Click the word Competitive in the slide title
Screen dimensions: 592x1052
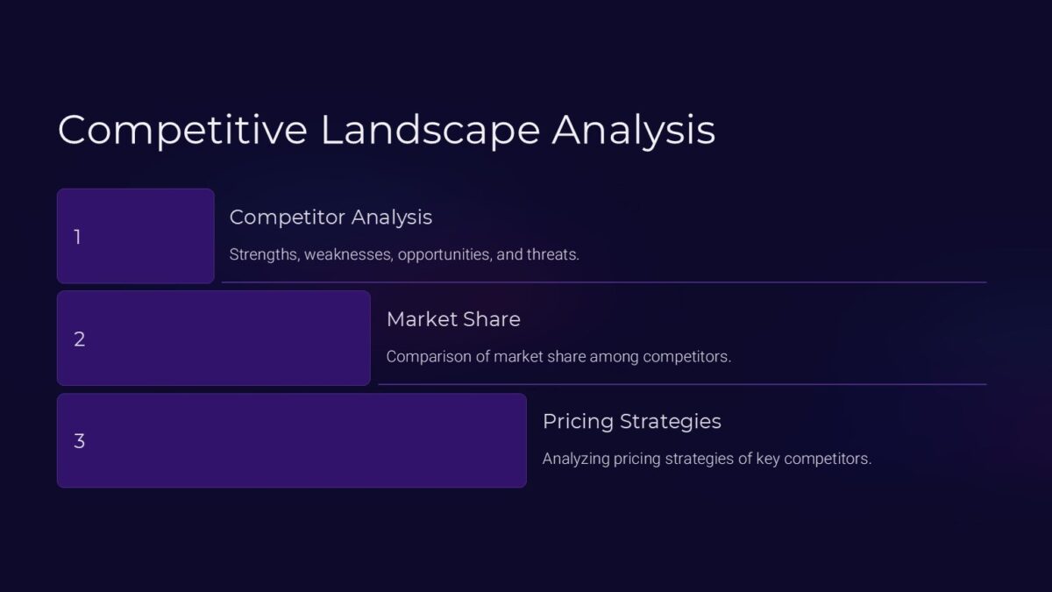point(182,130)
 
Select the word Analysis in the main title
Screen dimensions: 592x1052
point(633,130)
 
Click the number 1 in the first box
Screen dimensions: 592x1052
point(78,237)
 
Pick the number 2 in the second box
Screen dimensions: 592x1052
point(79,339)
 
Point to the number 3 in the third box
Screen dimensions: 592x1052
point(79,441)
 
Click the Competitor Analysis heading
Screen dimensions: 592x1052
point(331,217)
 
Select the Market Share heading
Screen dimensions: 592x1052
point(453,319)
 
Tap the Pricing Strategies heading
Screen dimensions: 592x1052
point(631,421)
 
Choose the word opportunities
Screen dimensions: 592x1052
point(448,255)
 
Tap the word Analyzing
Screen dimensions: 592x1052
point(576,459)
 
